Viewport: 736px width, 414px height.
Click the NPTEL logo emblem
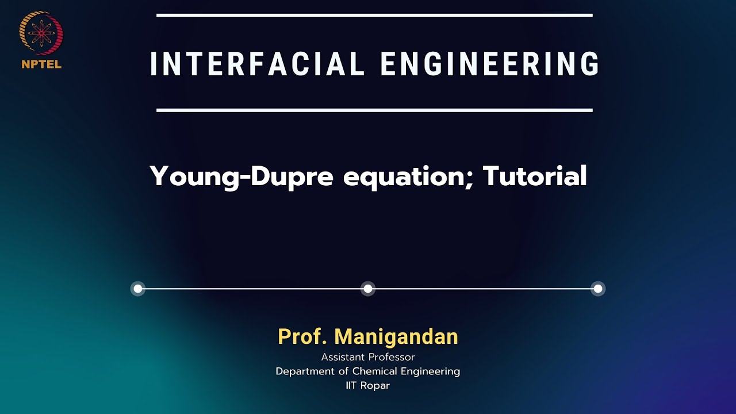pos(41,33)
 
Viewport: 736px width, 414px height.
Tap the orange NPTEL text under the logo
pos(41,64)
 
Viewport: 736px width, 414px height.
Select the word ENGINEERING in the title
pos(490,64)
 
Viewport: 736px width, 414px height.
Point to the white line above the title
pos(374,16)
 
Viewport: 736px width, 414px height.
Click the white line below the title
pos(374,110)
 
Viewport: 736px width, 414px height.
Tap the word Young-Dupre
pos(241,177)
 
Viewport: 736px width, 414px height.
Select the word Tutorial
pos(535,176)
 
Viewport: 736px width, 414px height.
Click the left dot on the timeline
pos(138,289)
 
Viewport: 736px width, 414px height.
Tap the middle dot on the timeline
pos(368,289)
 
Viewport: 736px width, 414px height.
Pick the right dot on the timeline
pos(598,289)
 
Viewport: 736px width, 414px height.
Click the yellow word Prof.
pos(302,337)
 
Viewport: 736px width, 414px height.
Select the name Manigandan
pos(396,337)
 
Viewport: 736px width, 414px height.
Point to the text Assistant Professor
pos(368,357)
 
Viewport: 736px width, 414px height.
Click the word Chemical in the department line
pos(374,371)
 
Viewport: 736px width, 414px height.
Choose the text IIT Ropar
pos(368,385)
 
